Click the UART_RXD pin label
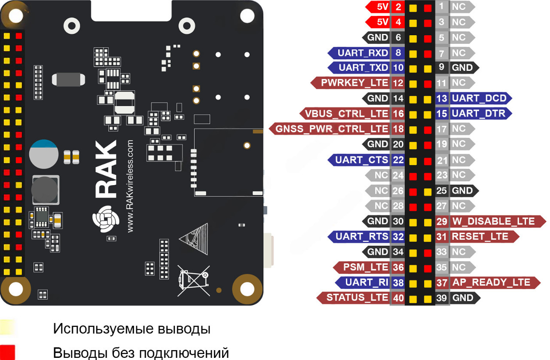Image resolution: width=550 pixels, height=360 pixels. coord(363,53)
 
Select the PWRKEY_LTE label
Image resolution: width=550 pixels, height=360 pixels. coord(354,83)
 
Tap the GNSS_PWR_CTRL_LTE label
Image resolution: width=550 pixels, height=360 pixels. coord(332,128)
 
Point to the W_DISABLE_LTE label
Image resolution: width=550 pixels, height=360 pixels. coord(493,221)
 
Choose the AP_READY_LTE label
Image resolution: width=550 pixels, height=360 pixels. coord(490,282)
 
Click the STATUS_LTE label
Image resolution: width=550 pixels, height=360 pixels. coord(357,297)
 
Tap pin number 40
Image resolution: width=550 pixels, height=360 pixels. coord(398,298)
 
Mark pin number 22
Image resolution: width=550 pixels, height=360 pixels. coord(398,160)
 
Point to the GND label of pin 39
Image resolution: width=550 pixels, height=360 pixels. coord(463,298)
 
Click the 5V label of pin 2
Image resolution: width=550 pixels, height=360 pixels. coord(382,7)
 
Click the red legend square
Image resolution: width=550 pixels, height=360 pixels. coord(8,352)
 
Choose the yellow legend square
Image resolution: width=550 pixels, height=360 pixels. coord(8,328)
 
